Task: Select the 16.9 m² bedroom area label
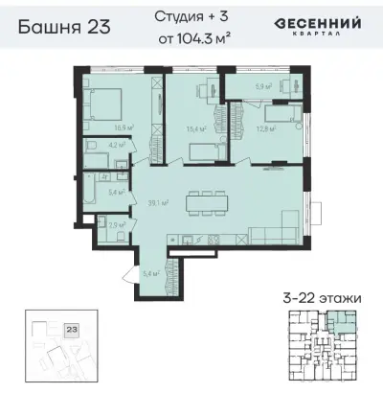pos(124,127)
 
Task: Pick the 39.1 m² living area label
pos(160,202)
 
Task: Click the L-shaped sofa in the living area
pos(278,233)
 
